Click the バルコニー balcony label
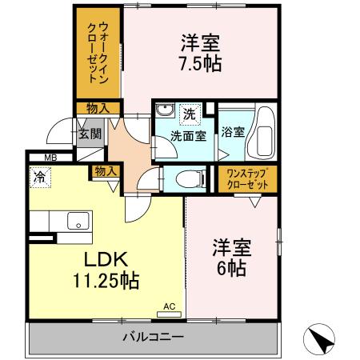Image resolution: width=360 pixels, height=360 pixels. [x=153, y=337]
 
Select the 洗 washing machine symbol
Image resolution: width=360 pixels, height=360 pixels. [x=190, y=114]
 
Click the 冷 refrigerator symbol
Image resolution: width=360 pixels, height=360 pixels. [x=38, y=171]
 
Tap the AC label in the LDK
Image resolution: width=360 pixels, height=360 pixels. [x=170, y=306]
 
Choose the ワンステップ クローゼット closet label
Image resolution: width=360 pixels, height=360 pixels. [x=246, y=178]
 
